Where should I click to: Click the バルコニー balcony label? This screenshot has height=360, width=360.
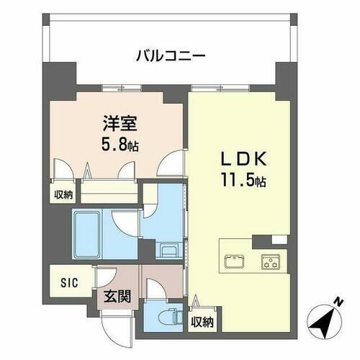(x=171, y=55)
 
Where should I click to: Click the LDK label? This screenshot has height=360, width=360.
(x=240, y=158)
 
